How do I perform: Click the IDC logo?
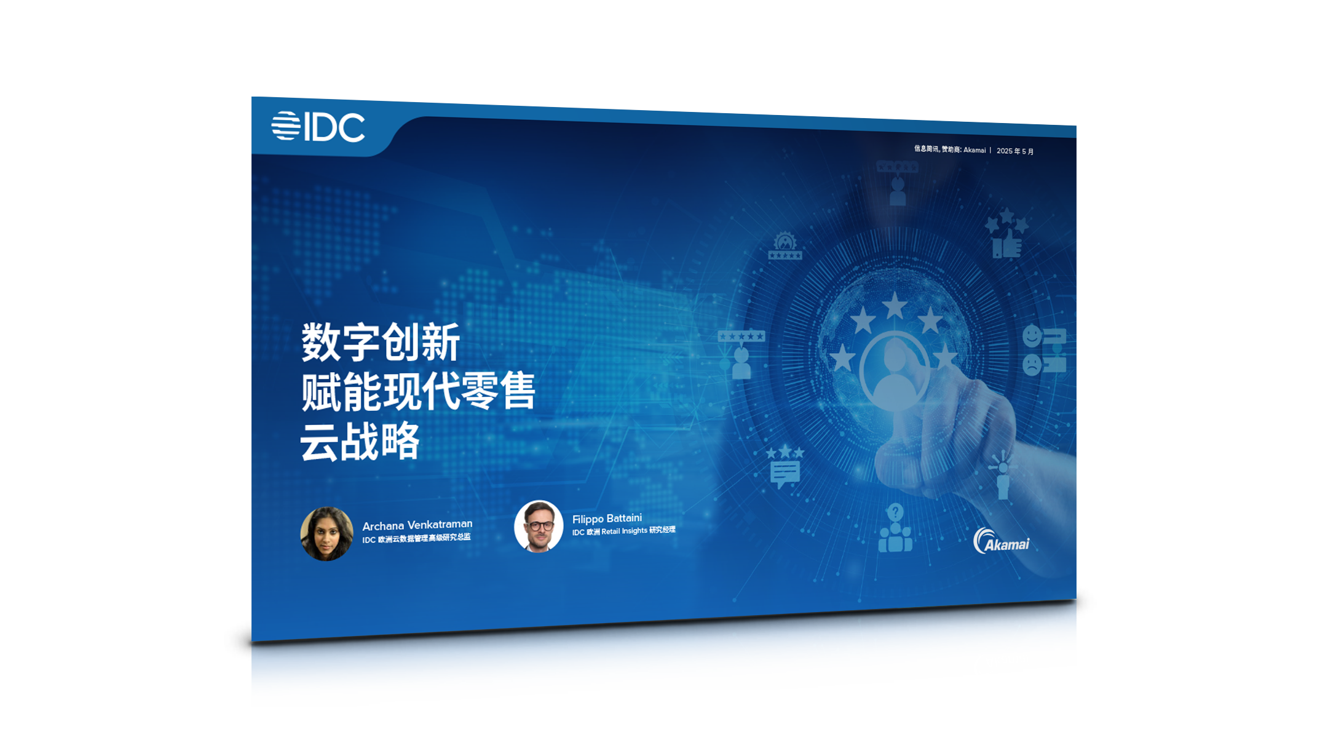(318, 127)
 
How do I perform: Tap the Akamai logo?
(1001, 541)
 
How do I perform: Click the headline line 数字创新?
(381, 342)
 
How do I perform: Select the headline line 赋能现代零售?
(418, 391)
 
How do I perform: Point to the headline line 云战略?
(360, 441)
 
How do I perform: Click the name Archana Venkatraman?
(417, 525)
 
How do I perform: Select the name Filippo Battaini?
(607, 519)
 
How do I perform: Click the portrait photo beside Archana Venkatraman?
(326, 533)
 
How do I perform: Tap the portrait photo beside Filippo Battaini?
(539, 526)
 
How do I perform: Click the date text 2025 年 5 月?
(1015, 151)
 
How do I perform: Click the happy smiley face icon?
(1032, 336)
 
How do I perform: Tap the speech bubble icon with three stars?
(785, 467)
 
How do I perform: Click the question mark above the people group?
(895, 512)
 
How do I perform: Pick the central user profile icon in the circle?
(895, 373)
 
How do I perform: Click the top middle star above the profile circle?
(895, 306)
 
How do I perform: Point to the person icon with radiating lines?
(1003, 474)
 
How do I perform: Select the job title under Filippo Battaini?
(623, 531)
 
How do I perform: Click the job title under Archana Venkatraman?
(416, 539)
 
